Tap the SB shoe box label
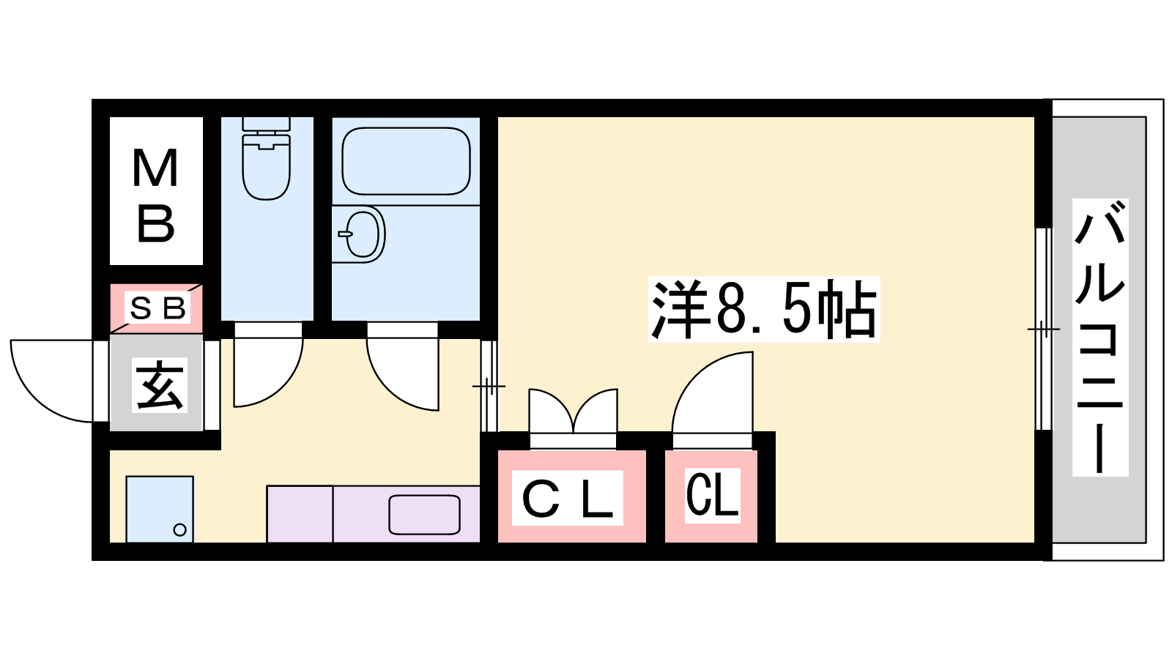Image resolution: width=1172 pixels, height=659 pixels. point(157,308)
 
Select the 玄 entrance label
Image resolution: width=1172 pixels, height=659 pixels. point(159,385)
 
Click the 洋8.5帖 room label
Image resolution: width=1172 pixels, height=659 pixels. point(764,309)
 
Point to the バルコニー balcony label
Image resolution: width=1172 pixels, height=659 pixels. point(1099,338)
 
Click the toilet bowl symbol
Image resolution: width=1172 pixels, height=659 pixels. point(267,166)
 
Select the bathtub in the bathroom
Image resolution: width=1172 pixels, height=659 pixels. point(406,161)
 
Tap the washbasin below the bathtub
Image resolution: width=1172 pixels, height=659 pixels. point(362,234)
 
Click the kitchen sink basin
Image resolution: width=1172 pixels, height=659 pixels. point(424,515)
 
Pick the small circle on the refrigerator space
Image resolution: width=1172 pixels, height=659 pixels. point(179,530)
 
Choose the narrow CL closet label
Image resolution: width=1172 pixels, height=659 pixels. point(712,495)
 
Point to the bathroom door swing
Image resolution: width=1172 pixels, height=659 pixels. point(402,367)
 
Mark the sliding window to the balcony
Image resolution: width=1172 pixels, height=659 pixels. point(1043,329)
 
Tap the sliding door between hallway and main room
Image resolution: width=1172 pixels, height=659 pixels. point(489,386)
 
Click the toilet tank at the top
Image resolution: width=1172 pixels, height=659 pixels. point(267,124)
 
